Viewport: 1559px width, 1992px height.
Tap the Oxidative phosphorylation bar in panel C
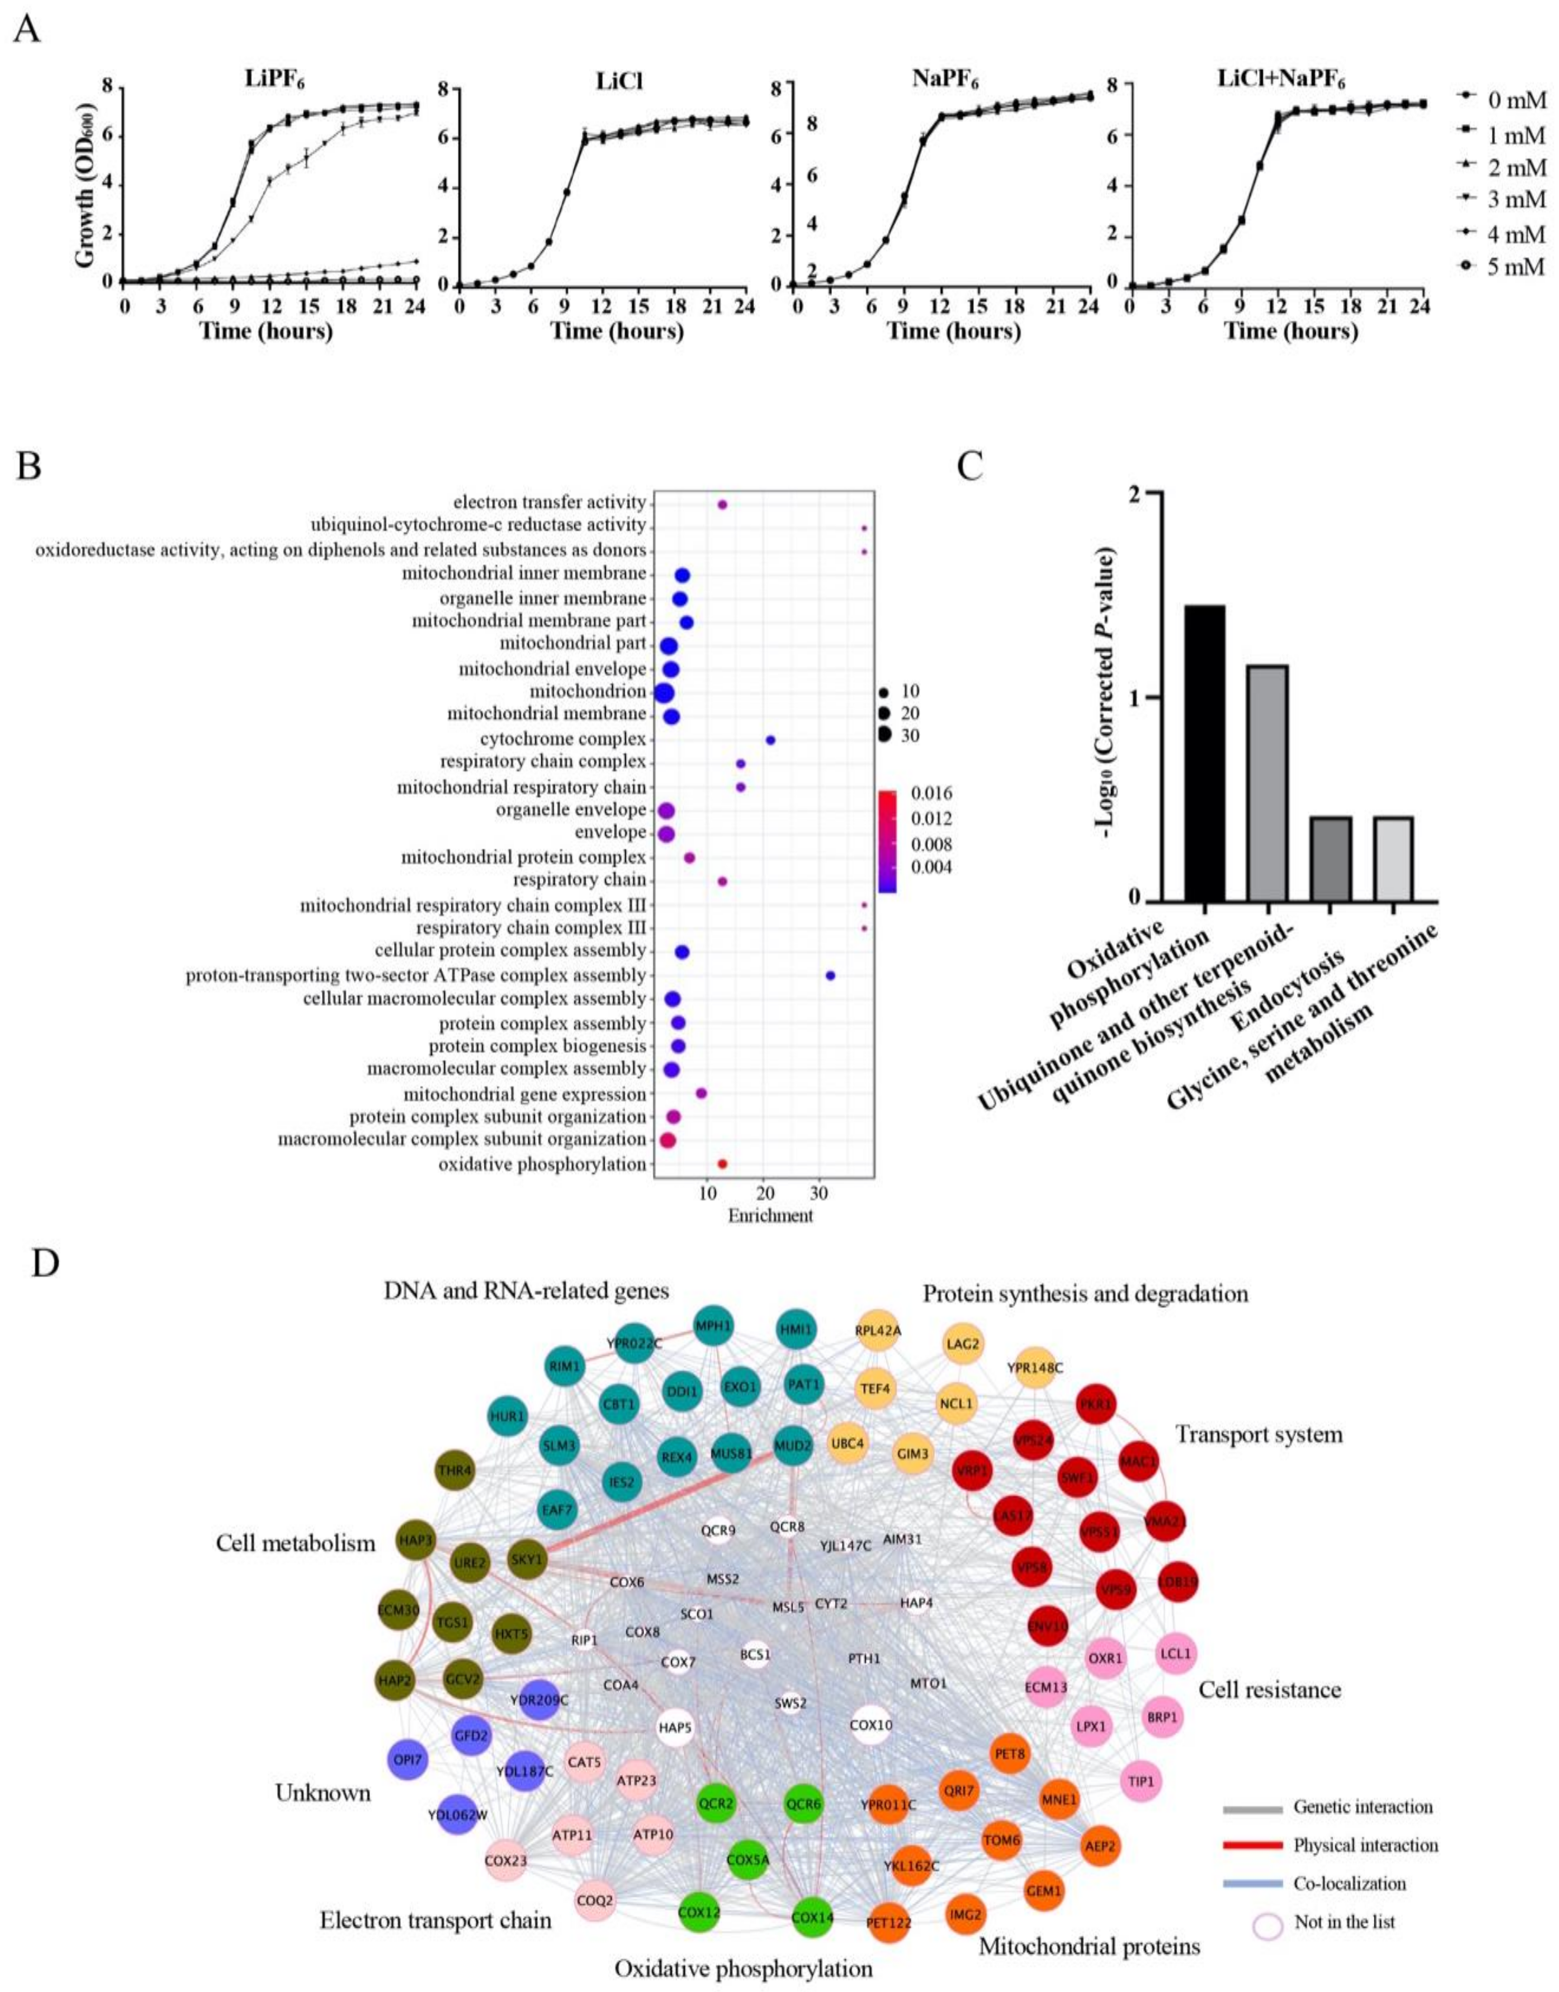[x=1204, y=752]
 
